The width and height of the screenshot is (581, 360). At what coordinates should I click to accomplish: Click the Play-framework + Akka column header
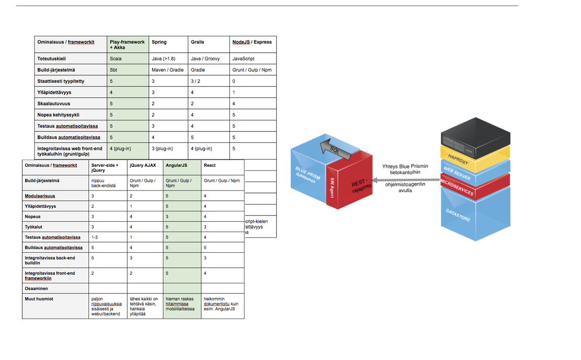coord(127,44)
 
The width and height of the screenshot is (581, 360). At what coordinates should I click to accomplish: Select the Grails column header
coord(198,42)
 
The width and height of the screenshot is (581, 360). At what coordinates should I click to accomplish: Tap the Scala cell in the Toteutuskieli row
coord(116,59)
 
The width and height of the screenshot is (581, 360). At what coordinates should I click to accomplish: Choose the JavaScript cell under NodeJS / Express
coord(243,59)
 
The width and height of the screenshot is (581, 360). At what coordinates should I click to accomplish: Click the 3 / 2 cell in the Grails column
coord(196,81)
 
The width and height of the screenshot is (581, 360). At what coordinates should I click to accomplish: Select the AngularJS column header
coord(177,165)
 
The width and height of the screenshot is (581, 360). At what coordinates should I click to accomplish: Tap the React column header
coord(210,165)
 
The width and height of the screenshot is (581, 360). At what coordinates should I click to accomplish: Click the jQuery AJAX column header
coord(143,165)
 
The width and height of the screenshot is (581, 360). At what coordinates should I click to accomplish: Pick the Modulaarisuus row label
coord(40,196)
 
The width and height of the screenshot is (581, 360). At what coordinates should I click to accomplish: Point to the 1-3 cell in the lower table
coord(95,237)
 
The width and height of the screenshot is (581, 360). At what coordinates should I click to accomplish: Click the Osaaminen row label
coord(36,288)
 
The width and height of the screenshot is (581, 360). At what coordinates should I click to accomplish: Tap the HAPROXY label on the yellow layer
coord(459,159)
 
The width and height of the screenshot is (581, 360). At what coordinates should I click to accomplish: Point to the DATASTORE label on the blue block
coord(458,215)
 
